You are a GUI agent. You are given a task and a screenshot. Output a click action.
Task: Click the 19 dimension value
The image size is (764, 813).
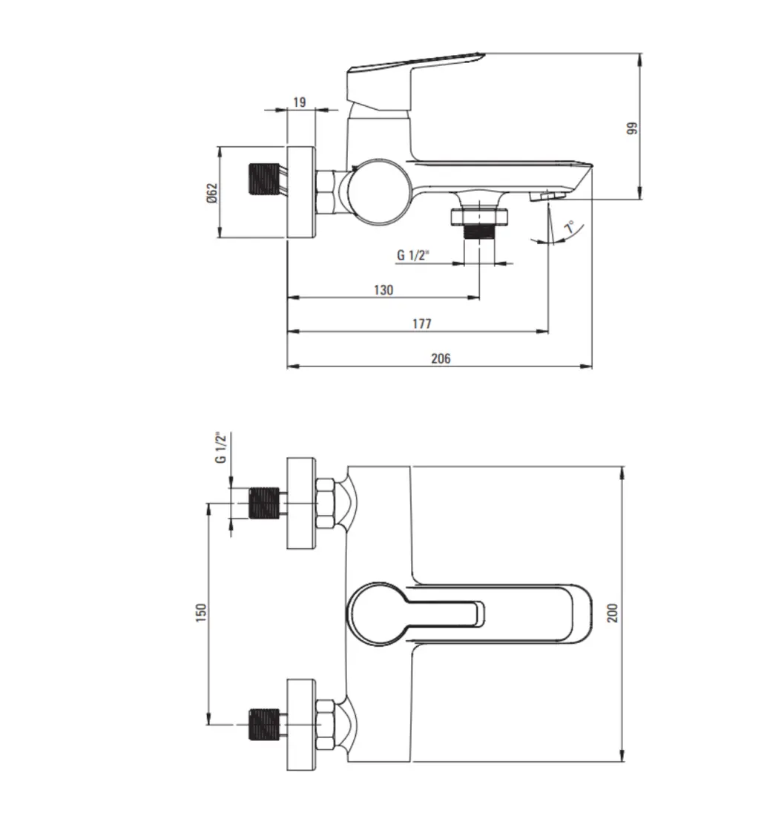tap(300, 102)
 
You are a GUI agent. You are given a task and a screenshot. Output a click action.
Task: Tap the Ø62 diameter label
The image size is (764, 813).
tap(212, 193)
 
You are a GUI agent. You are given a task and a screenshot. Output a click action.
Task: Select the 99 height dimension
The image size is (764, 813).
tap(632, 128)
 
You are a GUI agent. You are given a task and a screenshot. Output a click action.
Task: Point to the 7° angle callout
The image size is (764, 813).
tap(569, 226)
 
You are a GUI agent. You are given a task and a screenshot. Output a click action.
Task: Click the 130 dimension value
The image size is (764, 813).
tap(383, 290)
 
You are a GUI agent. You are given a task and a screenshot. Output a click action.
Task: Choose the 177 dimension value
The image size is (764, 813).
tap(422, 323)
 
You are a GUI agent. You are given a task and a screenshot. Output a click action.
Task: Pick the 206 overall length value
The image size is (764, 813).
tap(441, 358)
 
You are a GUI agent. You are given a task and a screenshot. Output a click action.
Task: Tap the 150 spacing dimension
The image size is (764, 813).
tap(201, 613)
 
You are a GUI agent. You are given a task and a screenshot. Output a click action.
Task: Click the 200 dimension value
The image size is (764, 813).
tap(613, 613)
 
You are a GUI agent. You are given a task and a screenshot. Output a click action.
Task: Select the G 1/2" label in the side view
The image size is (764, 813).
tap(414, 255)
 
